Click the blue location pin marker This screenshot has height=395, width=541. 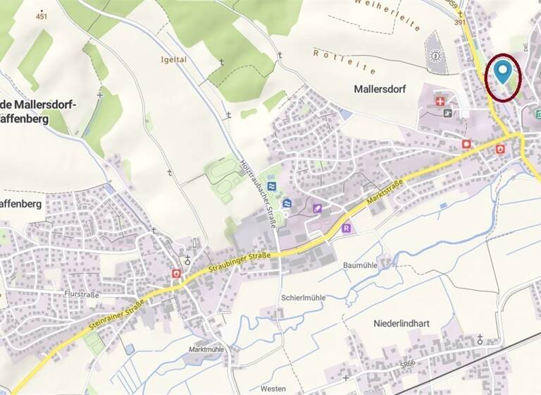point(502,72)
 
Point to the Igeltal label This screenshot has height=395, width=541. point(173,60)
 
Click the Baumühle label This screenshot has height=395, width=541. point(361,265)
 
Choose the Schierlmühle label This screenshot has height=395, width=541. point(303,298)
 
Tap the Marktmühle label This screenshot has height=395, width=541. point(206,350)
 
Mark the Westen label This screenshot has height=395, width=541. point(273,389)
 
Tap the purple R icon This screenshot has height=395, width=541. point(347,229)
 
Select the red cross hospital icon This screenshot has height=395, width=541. point(441,102)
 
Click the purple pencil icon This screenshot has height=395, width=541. point(318,208)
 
